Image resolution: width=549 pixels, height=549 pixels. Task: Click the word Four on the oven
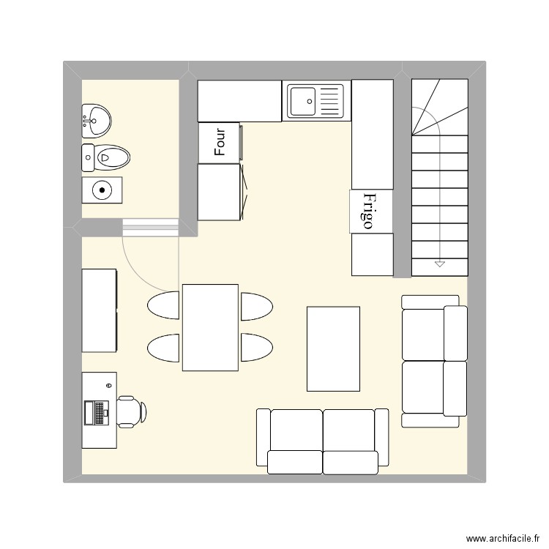click(220, 142)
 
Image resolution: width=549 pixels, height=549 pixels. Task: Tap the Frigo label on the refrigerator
click(369, 212)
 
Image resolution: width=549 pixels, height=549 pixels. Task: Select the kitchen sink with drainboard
click(315, 101)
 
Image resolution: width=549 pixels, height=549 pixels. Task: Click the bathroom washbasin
click(97, 120)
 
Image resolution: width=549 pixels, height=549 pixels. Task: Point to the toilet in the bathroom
click(105, 156)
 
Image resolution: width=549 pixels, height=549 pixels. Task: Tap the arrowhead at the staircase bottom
click(440, 264)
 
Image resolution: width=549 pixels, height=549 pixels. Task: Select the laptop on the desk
click(96, 412)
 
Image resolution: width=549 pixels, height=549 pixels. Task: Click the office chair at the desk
click(130, 411)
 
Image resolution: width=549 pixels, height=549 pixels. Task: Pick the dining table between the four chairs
click(210, 327)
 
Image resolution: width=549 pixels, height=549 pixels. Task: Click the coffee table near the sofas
click(333, 349)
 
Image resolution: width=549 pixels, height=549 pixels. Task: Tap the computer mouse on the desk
click(108, 384)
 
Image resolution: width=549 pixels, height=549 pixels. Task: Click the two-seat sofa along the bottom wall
click(322, 441)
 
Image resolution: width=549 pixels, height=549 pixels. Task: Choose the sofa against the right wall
click(434, 360)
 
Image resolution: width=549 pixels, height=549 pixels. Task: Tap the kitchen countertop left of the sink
click(239, 101)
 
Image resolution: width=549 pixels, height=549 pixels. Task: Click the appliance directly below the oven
click(220, 192)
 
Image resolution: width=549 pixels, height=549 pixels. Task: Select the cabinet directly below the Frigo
click(372, 254)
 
